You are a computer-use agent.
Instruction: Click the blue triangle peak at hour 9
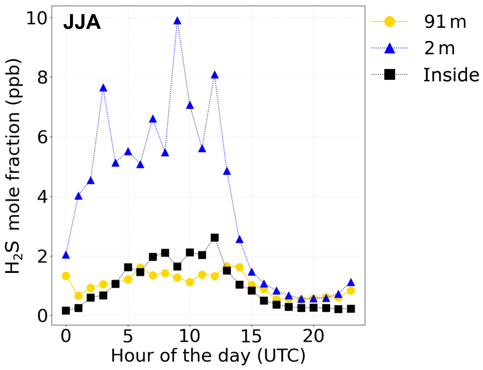click(x=177, y=21)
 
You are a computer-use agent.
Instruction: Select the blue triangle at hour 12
click(x=214, y=75)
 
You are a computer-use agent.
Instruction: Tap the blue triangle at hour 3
click(x=103, y=88)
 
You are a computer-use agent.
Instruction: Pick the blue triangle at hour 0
click(x=66, y=255)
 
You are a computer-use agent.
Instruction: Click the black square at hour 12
click(x=214, y=237)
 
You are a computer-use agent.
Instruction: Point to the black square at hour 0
click(x=66, y=311)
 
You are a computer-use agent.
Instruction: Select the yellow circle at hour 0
click(x=66, y=276)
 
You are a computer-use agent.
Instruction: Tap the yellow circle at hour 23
click(x=351, y=290)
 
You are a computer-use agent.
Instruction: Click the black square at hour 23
click(x=351, y=309)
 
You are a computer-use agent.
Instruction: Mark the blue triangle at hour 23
click(x=351, y=282)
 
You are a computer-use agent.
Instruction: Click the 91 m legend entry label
click(x=445, y=22)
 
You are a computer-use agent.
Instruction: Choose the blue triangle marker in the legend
click(x=390, y=48)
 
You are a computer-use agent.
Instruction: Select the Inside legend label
click(x=451, y=75)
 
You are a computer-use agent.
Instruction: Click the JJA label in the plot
click(x=82, y=22)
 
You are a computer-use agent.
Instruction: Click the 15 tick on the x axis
click(x=251, y=336)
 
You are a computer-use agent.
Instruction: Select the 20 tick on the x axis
click(x=313, y=336)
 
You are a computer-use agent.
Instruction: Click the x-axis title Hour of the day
click(x=208, y=356)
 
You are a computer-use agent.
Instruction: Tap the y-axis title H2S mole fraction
click(x=13, y=166)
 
